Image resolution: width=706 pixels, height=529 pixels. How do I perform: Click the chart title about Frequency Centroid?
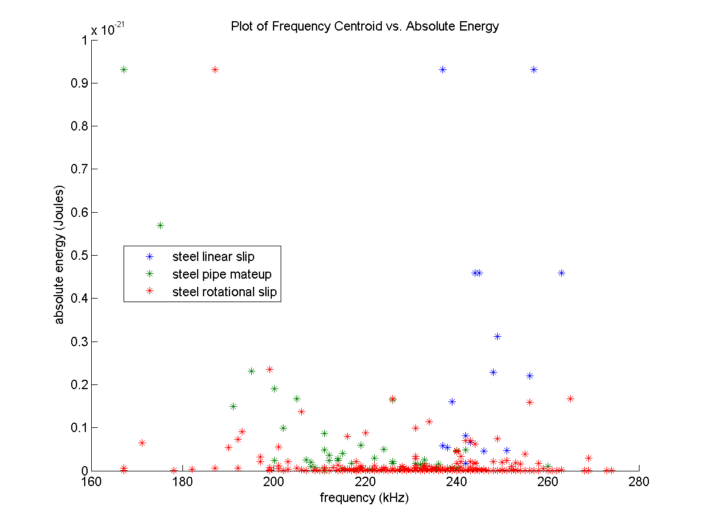[365, 26]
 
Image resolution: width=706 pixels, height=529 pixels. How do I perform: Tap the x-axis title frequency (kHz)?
[364, 498]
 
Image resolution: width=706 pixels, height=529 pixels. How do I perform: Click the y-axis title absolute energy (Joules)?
[59, 255]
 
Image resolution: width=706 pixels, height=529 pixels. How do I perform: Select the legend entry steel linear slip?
[213, 257]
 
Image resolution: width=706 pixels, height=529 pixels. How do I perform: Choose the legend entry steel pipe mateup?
[221, 274]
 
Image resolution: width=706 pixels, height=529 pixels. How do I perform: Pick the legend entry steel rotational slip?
[224, 292]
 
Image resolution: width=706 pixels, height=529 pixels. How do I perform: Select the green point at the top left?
[124, 69]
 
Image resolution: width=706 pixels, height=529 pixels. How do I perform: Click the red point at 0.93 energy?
[215, 69]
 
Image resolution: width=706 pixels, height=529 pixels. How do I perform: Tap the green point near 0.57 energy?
[160, 225]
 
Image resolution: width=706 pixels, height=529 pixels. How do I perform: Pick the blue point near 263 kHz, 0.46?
[561, 273]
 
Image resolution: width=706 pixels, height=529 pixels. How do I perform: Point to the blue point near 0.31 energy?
[497, 336]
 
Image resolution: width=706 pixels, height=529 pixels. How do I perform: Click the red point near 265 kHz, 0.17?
[570, 399]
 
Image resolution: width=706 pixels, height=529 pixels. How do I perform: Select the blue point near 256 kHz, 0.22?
[529, 376]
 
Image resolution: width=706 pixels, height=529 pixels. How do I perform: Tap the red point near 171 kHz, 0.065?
[142, 443]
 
